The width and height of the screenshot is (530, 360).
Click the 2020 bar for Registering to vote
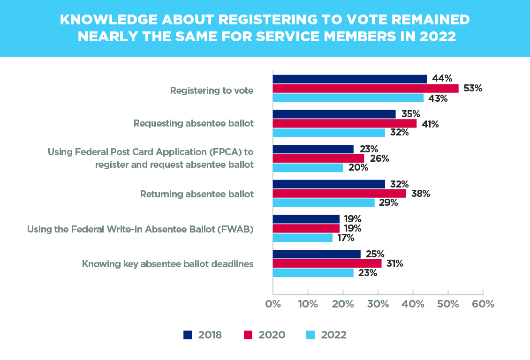coord(366,89)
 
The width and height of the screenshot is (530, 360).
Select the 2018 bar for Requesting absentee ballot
coord(334,114)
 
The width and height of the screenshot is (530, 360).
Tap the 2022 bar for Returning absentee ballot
coord(324,202)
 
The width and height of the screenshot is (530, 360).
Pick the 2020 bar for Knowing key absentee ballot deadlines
coord(327,263)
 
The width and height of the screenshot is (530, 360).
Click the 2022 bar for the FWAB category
coord(303,238)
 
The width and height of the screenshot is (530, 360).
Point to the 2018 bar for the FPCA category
coord(313,149)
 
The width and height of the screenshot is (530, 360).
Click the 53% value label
coord(473,88)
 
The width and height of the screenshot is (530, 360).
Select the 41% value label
coord(430,124)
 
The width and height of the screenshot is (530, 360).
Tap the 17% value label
coord(346,238)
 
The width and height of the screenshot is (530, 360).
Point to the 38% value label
coord(421,194)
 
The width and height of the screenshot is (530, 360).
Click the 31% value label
coord(395,263)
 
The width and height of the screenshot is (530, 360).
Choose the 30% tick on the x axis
coord(378,292)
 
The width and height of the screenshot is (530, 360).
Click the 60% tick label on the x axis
coord(483,304)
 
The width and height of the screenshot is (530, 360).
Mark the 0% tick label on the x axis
coord(273,304)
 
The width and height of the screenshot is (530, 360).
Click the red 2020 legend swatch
coord(248,335)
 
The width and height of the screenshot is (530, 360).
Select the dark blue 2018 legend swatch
coord(188,335)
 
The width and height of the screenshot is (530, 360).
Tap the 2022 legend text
coord(333,335)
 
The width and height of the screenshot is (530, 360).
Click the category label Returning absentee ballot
coord(197,194)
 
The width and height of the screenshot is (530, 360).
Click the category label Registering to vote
coord(212,90)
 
